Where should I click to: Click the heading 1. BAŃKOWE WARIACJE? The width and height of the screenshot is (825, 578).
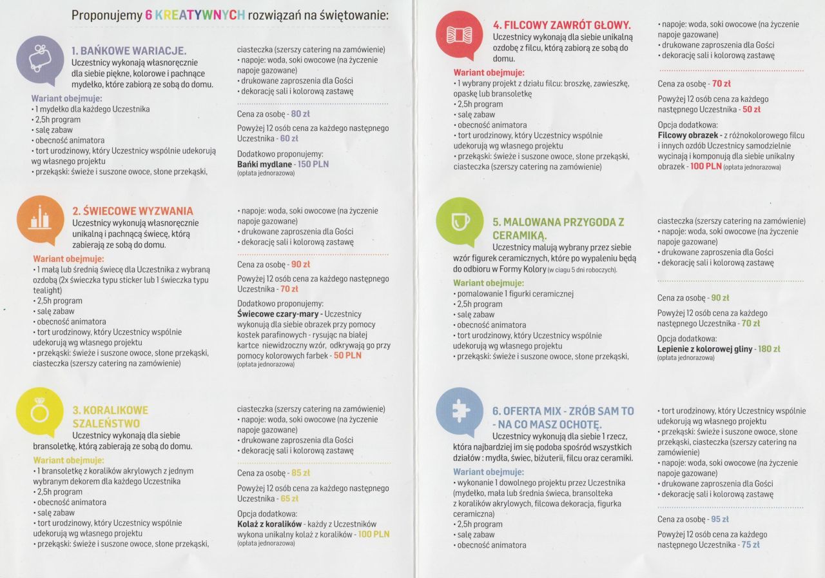pos(129,50)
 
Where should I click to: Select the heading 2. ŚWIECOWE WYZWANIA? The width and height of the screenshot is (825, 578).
pos(132,211)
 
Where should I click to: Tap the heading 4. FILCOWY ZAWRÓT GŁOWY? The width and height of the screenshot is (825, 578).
pos(558,26)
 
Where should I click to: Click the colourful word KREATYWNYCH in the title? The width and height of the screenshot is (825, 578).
pos(195,15)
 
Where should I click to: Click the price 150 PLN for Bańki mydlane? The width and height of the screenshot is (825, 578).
pos(313,164)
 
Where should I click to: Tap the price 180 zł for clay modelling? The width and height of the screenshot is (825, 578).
pos(769,349)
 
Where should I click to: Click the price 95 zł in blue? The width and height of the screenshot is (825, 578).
pos(719,519)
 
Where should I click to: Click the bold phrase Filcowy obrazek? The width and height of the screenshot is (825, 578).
pos(688,135)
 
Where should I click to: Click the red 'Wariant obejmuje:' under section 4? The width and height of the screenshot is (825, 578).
pos(489,73)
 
